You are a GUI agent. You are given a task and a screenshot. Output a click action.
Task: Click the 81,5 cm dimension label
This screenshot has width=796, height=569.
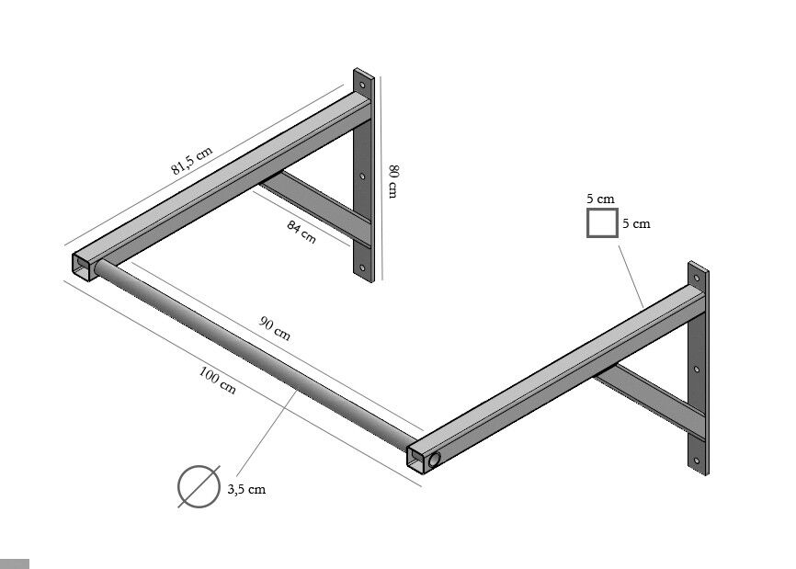pos(191,160)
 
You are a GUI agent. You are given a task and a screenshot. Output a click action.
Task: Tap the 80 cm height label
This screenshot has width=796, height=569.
pos(392,181)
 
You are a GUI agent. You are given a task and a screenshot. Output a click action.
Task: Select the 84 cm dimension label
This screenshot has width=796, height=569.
pos(301,232)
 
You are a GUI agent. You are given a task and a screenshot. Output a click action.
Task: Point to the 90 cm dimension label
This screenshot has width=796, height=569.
pos(275,328)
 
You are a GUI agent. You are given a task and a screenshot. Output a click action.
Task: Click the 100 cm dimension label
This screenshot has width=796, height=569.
pos(217,381)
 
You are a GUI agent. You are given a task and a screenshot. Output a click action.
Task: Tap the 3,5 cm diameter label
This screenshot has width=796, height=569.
pos(246,489)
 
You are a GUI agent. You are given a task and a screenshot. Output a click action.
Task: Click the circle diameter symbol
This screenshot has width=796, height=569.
pos(199,486)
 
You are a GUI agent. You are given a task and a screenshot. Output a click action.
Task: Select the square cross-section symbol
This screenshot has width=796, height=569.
pos(602,222)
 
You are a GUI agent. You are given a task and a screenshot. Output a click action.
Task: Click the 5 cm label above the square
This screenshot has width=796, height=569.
pos(600,199)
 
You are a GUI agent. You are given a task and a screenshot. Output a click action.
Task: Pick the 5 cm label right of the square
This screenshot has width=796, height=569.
pos(637,223)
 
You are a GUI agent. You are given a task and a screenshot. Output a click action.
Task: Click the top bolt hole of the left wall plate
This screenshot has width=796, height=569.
pos(362,85)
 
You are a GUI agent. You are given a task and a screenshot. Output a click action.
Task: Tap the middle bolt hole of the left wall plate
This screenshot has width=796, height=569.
pos(362,176)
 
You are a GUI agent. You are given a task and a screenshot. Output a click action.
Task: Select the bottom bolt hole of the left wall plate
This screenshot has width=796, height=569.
pos(362,267)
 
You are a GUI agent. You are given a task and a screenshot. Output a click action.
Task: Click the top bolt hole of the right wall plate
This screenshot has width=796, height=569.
pos(697,279)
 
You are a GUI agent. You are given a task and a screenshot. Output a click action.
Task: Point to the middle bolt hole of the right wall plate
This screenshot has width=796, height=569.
pos(697,370)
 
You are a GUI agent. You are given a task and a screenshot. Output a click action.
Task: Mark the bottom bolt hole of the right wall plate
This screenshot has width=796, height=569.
pos(697,461)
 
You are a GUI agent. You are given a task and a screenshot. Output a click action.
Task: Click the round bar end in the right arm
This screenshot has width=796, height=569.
pos(435,461)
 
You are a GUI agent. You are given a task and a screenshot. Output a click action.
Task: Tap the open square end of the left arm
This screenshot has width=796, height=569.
pos(82,266)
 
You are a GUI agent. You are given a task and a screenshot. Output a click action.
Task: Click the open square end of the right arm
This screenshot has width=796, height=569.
pos(416,460)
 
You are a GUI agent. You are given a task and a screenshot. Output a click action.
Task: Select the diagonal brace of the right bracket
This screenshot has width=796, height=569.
pos(651,396)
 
